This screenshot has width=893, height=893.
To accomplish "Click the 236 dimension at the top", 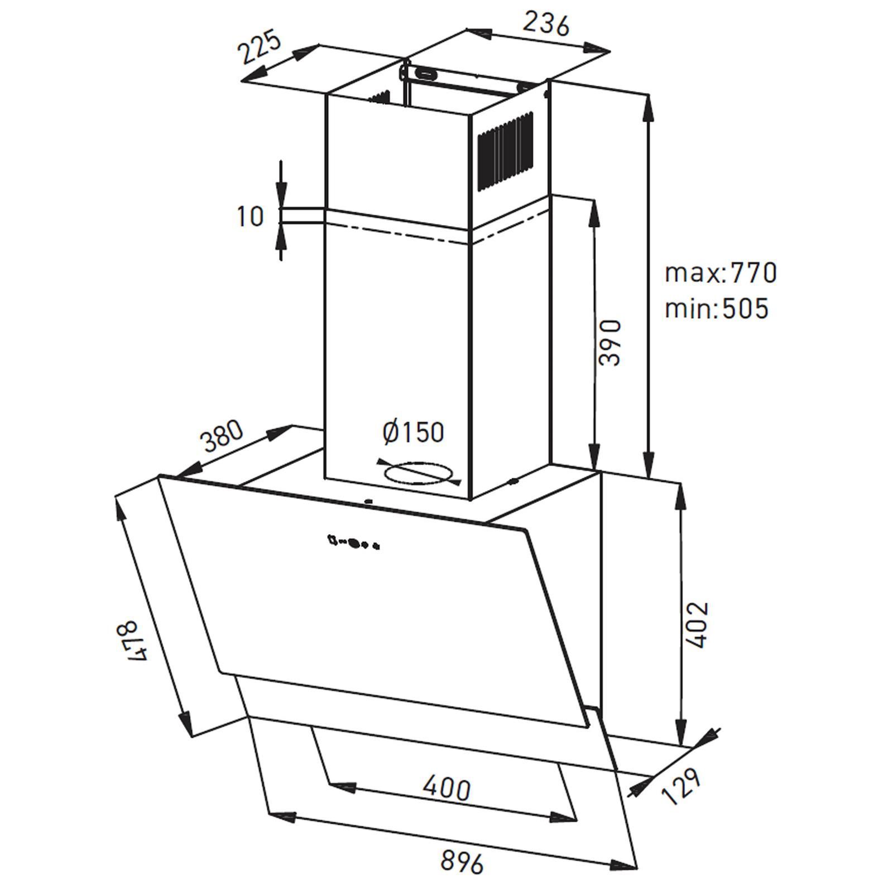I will (x=545, y=25).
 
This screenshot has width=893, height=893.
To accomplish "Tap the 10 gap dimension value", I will (x=250, y=216).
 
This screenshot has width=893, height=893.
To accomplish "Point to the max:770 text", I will (x=721, y=273).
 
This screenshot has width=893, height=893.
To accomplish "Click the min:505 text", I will (x=717, y=308).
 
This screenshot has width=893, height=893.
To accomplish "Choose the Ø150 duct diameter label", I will (x=414, y=432).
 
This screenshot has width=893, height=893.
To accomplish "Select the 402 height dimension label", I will (x=698, y=625).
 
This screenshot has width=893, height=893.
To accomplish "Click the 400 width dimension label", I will (x=446, y=788).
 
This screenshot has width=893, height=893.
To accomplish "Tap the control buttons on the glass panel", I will (x=354, y=542).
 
